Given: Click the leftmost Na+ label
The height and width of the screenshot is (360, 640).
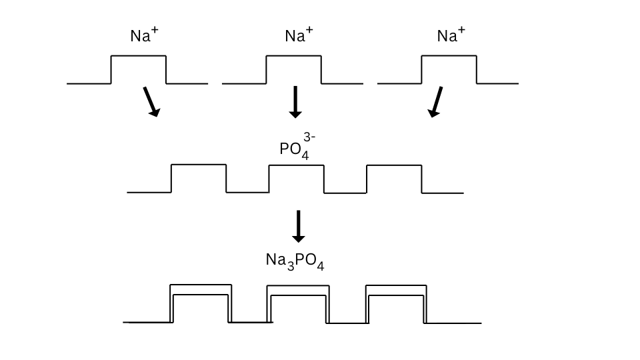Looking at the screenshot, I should coord(144,36).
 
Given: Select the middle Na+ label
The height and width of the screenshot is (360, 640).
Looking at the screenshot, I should coord(299,36).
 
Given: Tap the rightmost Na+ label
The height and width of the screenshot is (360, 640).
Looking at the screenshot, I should coord(451,36).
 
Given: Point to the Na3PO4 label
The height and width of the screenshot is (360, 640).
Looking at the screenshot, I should coord(295,261).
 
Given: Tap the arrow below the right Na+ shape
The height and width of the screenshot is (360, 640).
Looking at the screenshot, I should coord(437,102).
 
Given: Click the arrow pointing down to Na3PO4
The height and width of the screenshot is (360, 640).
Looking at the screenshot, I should coord(299,226).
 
